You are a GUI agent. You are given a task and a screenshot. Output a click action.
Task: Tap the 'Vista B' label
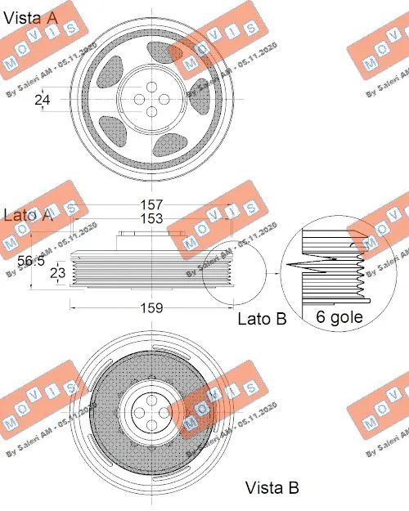tap(272, 487)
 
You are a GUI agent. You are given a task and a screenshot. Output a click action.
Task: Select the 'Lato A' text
tap(29, 215)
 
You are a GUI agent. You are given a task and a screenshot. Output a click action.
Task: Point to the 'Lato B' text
tap(262, 320)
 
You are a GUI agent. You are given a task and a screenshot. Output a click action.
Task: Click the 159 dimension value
tap(152, 308)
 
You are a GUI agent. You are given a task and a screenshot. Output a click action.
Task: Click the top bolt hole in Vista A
tap(152, 83)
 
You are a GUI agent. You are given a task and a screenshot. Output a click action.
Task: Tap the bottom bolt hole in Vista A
tap(152, 112)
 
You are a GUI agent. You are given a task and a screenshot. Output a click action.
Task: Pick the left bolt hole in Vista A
tap(137, 98)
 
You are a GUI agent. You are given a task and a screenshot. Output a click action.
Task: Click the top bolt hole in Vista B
tap(152, 400)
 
